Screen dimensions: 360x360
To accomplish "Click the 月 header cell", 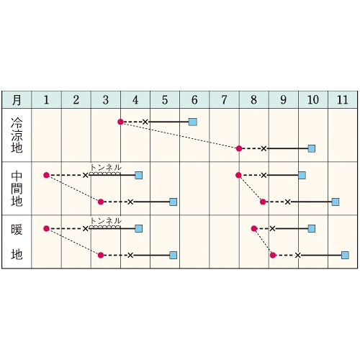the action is pos(17,100).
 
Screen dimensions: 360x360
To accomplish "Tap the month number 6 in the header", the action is pos(194,100).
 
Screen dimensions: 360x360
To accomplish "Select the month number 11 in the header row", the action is pos(343,100).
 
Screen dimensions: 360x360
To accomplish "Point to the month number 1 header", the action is pos(46,100).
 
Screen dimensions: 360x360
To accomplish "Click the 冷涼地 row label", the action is pos(17,135).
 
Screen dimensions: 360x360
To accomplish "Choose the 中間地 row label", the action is pos(17,189).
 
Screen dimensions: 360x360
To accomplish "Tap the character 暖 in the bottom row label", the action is pos(17,229).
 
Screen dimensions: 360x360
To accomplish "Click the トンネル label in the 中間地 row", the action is pos(106,168).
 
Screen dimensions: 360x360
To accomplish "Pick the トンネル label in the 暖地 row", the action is pos(106,221).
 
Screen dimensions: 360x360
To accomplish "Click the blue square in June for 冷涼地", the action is pos(193,122).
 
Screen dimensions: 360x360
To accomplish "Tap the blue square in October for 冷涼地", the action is pos(312,149).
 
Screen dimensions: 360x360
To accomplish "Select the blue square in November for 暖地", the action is pos(345,255).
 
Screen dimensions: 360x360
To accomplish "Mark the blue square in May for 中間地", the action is pos(174,202).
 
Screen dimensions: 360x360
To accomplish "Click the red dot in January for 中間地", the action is pos(47,175).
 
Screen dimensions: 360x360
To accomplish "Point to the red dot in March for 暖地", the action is pos(101,255).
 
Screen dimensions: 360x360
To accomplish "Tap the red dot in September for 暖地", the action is pos(273,255).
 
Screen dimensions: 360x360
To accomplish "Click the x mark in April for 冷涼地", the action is pos(145,122).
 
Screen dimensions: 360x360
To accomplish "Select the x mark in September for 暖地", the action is pos(272,229).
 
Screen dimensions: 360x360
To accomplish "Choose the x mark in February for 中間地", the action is pos(86,176).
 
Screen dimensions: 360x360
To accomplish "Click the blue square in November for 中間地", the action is pos(336,202).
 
